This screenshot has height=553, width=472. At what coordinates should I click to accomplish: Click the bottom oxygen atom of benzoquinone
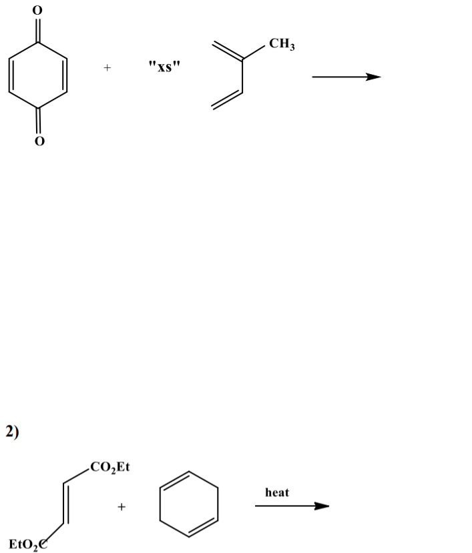coord(38,141)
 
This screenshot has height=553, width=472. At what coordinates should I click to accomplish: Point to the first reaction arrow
coord(346,77)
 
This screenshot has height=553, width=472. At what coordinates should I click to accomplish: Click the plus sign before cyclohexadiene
coord(122,508)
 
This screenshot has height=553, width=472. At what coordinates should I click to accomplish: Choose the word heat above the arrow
coord(277,492)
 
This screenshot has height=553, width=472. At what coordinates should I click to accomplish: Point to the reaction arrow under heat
coord(292,506)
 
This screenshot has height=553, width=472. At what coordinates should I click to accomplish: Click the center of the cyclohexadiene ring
coord(189,503)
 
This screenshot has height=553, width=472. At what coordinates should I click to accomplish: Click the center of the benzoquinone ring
coord(38,75)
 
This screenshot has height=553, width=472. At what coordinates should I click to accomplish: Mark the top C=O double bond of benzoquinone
coord(38,29)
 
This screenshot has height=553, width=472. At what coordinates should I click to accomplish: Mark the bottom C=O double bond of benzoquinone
coord(38,121)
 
